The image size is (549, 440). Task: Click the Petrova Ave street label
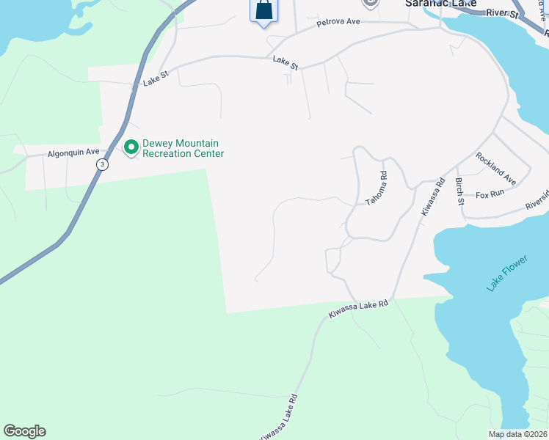pos(338,23)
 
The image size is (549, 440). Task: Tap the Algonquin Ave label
pos(73,153)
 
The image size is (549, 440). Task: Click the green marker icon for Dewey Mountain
pos(131,148)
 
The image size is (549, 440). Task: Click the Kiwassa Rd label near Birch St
pos(433,196)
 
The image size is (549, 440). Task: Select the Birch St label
pos(460,190)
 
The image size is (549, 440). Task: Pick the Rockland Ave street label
pos(495,168)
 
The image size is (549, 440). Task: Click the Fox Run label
pos(490,194)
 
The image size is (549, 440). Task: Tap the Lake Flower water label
pos(507,274)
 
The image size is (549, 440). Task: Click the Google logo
pos(24,431)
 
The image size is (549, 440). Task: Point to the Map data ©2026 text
pos(517,434)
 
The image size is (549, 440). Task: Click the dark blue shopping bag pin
pos(263,11)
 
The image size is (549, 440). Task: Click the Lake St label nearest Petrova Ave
pos(285,64)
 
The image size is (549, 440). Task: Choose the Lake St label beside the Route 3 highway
pos(156,78)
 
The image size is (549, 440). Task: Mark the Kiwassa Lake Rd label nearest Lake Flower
pos(357,309)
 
